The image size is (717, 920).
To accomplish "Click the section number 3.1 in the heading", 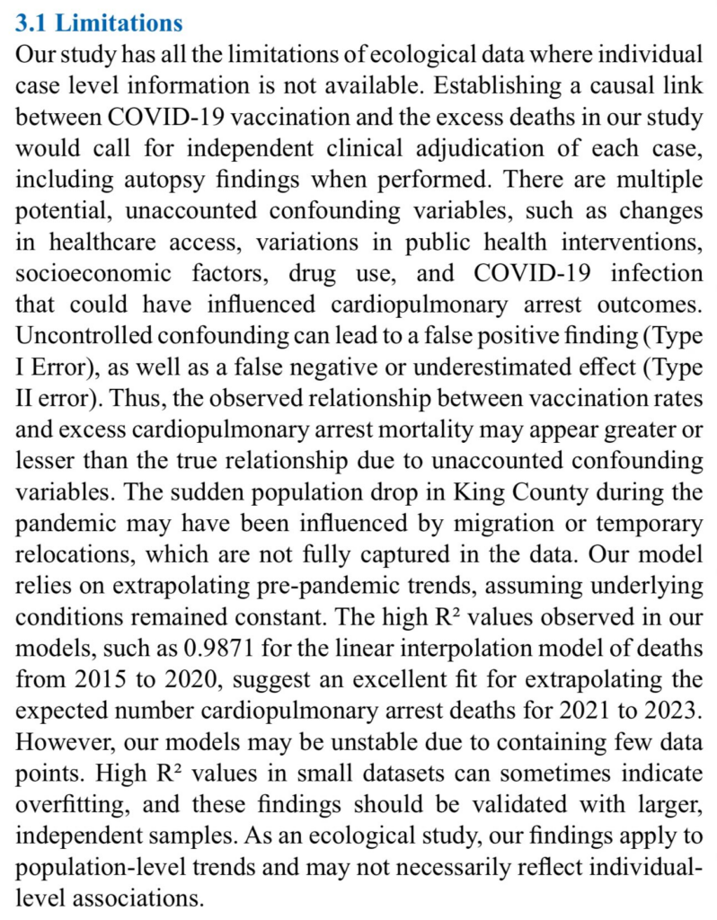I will click(x=34, y=21).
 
